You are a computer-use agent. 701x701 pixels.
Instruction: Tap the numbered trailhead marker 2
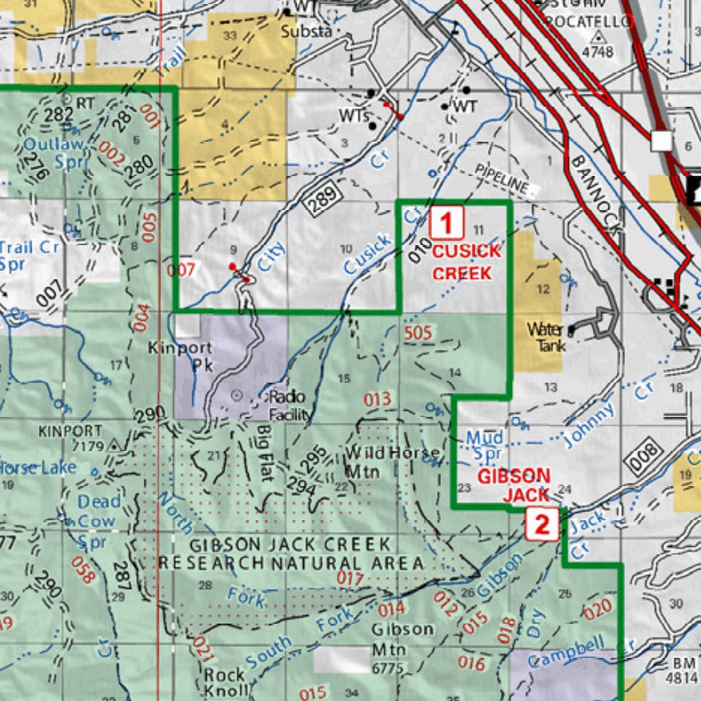(x=542, y=526)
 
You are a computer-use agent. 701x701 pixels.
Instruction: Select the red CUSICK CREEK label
(x=462, y=262)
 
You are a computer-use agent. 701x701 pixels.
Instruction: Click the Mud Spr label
(x=485, y=445)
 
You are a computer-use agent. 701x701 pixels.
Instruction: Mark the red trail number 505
(x=418, y=333)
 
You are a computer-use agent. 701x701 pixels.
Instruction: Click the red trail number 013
(x=377, y=399)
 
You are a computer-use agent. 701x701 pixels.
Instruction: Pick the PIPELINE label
(x=503, y=177)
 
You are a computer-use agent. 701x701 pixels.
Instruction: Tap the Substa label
(x=306, y=31)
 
